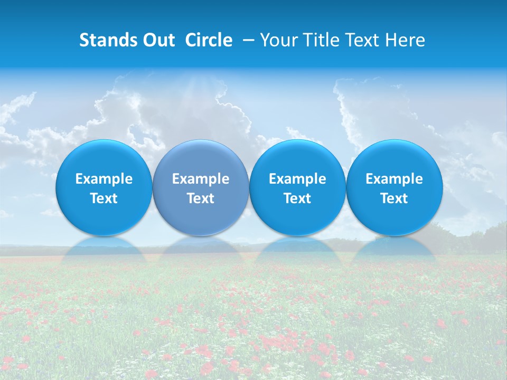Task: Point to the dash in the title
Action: [246, 40]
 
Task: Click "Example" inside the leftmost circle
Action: [104, 179]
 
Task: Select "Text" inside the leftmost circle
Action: [104, 198]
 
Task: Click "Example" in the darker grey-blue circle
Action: [201, 179]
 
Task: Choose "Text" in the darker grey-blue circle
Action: [201, 198]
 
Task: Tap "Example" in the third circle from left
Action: [297, 179]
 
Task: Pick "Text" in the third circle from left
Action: [297, 198]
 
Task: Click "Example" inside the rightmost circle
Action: [395, 179]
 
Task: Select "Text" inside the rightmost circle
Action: [395, 198]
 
